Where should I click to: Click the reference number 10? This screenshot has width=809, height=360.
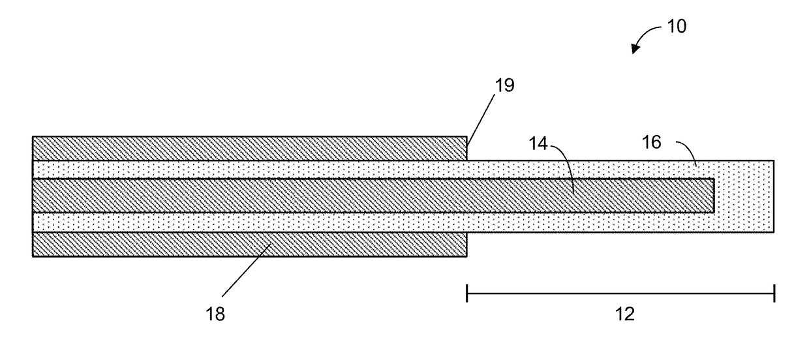(x=676, y=27)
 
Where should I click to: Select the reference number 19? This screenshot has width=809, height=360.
(x=504, y=85)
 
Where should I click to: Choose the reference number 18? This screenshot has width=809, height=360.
(x=215, y=314)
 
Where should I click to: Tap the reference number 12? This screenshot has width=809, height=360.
(x=624, y=314)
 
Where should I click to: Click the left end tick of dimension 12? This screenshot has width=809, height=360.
(x=467, y=293)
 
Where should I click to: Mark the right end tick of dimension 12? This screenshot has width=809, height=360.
(x=774, y=293)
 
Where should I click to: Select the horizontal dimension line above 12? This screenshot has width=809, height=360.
(x=620, y=293)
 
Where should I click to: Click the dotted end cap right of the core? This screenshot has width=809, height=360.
(x=744, y=196)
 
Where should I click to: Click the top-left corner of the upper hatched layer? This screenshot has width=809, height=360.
(x=33, y=137)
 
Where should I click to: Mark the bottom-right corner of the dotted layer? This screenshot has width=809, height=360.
(x=774, y=232)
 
